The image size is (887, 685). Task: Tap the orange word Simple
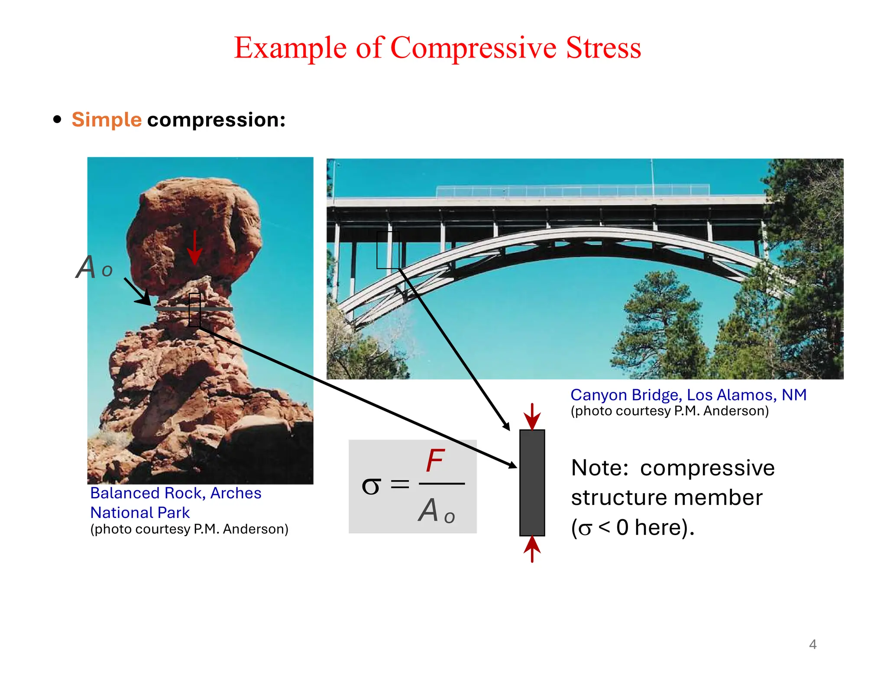pyautogui.click(x=107, y=120)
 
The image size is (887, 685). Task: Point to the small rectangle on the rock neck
pyautogui.click(x=194, y=310)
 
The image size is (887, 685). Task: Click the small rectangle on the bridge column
pyautogui.click(x=388, y=250)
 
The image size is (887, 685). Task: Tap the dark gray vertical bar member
pyautogui.click(x=532, y=482)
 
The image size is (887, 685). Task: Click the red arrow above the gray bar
pyautogui.click(x=532, y=416)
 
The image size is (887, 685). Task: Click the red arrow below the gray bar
pyautogui.click(x=532, y=549)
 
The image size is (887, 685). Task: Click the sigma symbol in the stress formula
pyautogui.click(x=371, y=485)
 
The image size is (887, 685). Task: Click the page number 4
pyautogui.click(x=813, y=644)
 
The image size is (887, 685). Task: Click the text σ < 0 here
pyautogui.click(x=632, y=528)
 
